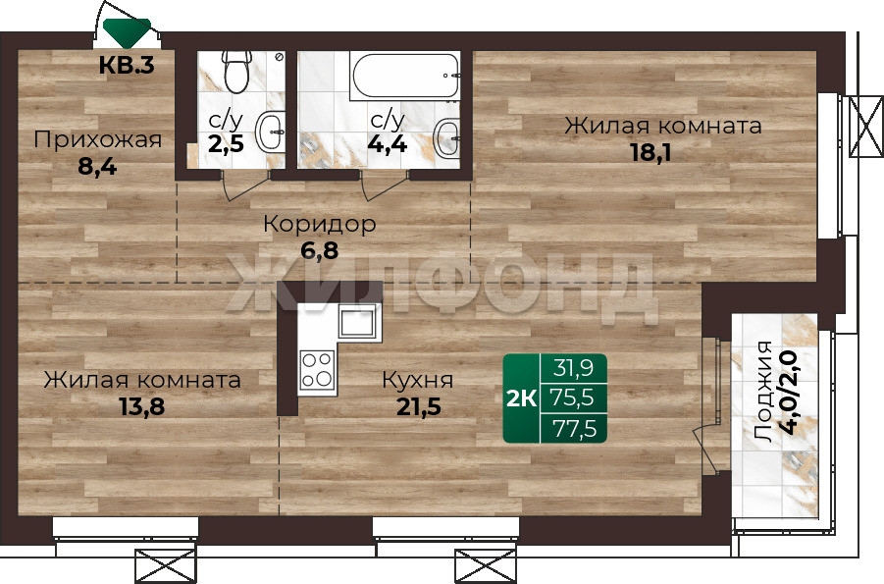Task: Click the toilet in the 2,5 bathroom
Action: click(236, 71)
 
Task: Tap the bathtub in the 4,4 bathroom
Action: click(405, 76)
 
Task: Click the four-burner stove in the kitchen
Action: click(317, 370)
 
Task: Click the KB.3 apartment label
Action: click(127, 66)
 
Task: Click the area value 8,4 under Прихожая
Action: click(97, 167)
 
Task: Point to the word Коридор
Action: click(320, 224)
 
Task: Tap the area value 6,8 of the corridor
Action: click(320, 250)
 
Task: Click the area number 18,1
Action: click(650, 152)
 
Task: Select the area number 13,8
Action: click(142, 406)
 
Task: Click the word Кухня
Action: click(418, 380)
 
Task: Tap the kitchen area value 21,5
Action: click(418, 406)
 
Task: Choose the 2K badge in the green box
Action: click(522, 398)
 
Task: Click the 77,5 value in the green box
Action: click(574, 429)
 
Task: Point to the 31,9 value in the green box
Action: click(574, 368)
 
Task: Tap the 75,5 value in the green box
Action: click(574, 398)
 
